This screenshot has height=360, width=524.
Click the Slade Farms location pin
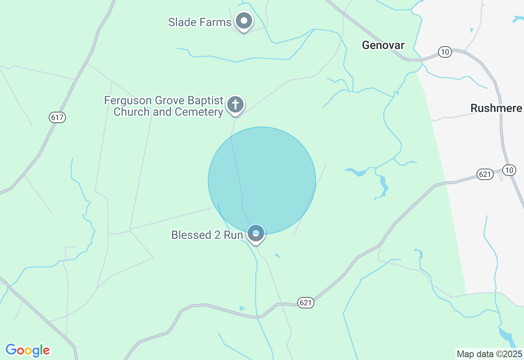point(244,20)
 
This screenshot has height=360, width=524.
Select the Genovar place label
point(383,45)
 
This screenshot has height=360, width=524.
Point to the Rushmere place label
point(496,108)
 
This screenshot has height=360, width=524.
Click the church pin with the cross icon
point(235,104)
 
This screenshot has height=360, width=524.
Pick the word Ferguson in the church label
point(127,101)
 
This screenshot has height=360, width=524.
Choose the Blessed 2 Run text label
point(207,235)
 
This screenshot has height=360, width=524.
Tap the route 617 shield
point(57,118)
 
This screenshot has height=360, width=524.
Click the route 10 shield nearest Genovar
point(445,52)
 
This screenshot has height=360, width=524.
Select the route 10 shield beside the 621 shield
point(509,170)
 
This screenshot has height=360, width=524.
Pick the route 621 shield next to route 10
point(485,175)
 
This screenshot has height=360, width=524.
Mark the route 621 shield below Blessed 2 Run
point(306,303)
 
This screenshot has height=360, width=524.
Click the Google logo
point(28,350)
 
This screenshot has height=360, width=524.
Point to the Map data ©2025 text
point(490,354)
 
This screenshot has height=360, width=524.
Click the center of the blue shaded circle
point(262,180)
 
